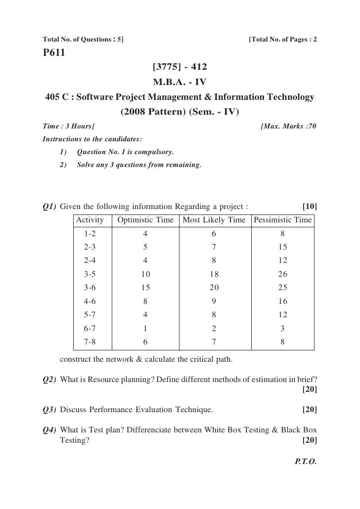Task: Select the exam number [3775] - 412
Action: (x=180, y=66)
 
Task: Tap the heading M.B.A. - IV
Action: (x=180, y=81)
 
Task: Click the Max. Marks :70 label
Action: (x=288, y=127)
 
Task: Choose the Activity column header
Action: (x=90, y=220)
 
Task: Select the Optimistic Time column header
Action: (x=145, y=220)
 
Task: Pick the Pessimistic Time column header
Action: (x=282, y=220)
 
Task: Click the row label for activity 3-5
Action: (x=90, y=274)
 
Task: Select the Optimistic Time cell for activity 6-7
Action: (x=145, y=328)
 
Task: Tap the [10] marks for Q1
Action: (x=310, y=206)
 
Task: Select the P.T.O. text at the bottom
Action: (x=306, y=463)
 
